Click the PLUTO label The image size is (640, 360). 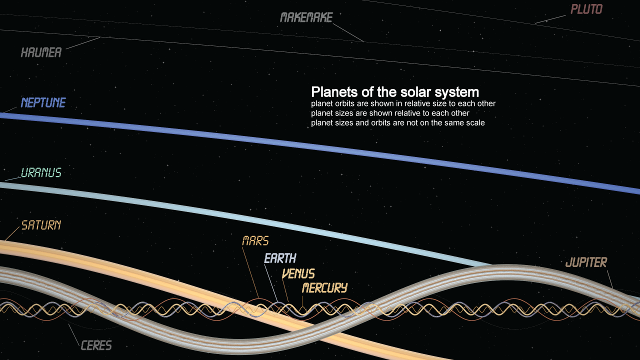click(x=586, y=9)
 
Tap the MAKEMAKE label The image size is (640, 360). click(x=306, y=17)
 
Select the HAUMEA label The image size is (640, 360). click(x=41, y=52)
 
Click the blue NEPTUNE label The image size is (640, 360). click(x=43, y=102)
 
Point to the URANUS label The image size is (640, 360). click(x=41, y=172)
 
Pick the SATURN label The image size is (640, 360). click(x=41, y=225)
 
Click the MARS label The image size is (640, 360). click(x=255, y=241)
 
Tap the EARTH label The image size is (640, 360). click(x=280, y=258)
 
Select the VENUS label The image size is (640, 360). click(x=298, y=273)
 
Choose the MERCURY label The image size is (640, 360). click(x=324, y=287)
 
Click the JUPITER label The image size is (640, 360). click(x=586, y=262)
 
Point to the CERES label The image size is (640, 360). click(x=96, y=345)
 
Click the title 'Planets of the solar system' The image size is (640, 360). click(x=395, y=92)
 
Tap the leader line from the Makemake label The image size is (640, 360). click(x=348, y=32)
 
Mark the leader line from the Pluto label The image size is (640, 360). click(x=550, y=19)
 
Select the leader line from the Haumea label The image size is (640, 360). click(x=83, y=43)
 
